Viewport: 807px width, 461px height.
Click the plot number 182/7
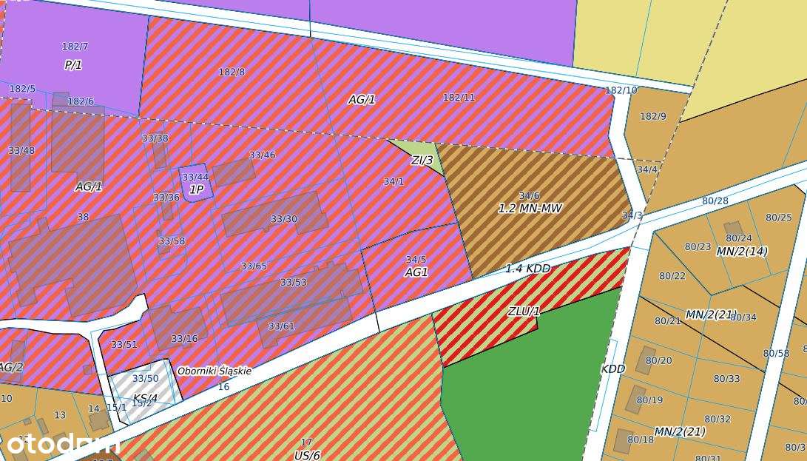tap(75, 47)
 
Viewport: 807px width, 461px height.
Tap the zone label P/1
tap(72, 65)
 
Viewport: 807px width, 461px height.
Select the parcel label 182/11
tap(459, 98)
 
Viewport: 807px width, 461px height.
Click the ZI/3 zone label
tap(422, 160)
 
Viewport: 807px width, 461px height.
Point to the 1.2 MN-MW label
tap(530, 209)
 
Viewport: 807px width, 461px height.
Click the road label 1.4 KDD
tap(527, 269)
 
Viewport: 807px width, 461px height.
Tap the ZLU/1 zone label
tap(524, 312)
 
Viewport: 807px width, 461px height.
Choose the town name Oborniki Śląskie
tap(214, 371)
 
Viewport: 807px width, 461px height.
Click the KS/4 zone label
tap(144, 398)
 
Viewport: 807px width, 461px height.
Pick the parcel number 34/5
tap(416, 260)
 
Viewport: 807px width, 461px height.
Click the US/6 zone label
tap(307, 455)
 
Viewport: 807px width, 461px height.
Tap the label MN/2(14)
tap(742, 252)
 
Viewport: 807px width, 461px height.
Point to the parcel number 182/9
tap(652, 117)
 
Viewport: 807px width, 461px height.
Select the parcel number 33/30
tap(283, 219)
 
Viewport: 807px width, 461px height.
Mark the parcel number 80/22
tap(672, 276)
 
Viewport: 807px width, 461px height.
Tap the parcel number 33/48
tap(21, 151)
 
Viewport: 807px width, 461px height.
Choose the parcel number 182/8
tap(232, 73)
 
